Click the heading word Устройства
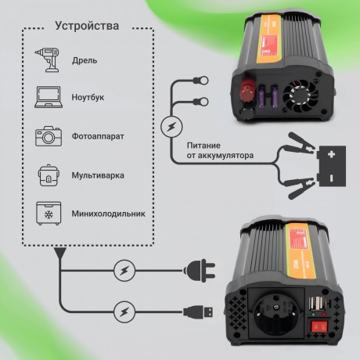pos(88,26)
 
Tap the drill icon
pos(49,60)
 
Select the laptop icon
pos(49,98)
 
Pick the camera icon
pos(49,135)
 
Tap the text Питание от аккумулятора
pos(220,150)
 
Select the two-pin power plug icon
pos(199,271)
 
